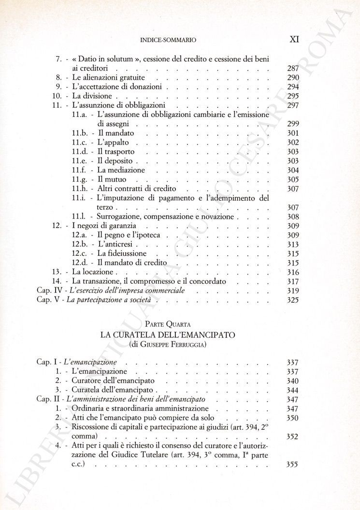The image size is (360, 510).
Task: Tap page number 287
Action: pyautogui.click(x=293, y=68)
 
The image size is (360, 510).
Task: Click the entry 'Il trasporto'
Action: pyautogui.click(x=116, y=151)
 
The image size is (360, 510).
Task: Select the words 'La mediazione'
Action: pyautogui.click(x=121, y=170)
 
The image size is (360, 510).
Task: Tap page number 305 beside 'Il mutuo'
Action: pyautogui.click(x=293, y=179)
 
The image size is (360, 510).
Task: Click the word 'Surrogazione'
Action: pyautogui.click(x=120, y=217)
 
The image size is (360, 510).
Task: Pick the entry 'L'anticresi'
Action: pyautogui.click(x=115, y=244)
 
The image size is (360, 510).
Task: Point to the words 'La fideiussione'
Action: pyautogui.click(x=122, y=253)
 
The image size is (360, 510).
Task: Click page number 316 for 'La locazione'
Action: pyautogui.click(x=293, y=272)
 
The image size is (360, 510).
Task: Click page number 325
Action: pyautogui.click(x=293, y=300)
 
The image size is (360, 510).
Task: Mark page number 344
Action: pyautogui.click(x=293, y=390)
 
